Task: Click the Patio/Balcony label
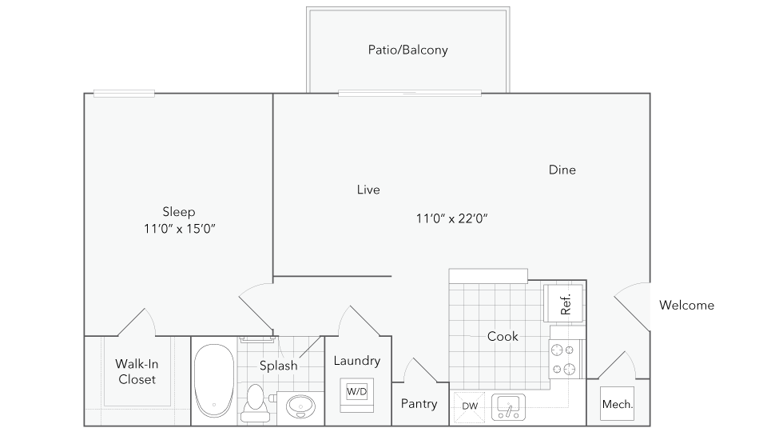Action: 407,50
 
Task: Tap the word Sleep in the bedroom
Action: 179,212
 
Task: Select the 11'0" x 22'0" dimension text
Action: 451,218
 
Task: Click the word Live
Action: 368,190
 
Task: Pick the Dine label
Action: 562,170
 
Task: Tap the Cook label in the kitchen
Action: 503,336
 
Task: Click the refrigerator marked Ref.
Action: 564,305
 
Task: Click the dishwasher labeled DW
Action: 470,406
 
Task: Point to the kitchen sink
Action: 507,406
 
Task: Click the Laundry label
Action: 356,361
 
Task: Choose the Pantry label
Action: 419,403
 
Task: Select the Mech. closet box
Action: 617,405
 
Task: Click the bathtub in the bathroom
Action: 214,379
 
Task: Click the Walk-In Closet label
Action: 137,371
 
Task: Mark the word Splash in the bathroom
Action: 278,366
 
